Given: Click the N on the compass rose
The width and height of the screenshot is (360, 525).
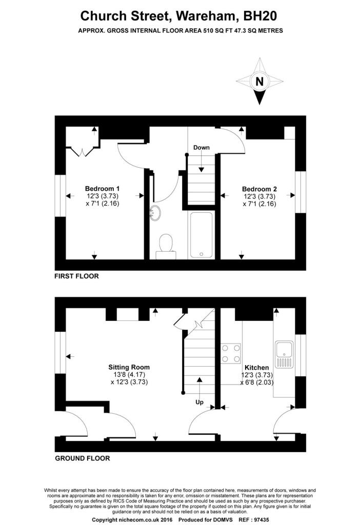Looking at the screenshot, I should click(x=260, y=82).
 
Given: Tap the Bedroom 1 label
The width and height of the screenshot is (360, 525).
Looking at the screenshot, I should click(x=103, y=188).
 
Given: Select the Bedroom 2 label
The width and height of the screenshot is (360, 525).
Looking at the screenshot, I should click(x=259, y=189).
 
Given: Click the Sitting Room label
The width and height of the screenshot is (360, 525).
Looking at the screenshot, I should click(x=129, y=367).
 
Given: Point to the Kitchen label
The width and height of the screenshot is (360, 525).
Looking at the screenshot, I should click(x=256, y=368).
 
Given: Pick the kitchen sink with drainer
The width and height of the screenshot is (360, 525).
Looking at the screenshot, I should click(x=283, y=354).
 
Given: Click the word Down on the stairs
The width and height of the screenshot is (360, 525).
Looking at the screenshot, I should click(x=202, y=148).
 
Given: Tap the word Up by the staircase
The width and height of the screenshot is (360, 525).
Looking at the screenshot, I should click(x=199, y=403).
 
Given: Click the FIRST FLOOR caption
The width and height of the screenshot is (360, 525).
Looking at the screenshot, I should click(x=76, y=276).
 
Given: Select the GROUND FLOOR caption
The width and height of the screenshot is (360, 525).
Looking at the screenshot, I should click(x=82, y=458).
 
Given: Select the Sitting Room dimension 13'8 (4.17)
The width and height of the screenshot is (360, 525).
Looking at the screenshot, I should click(x=129, y=375).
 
